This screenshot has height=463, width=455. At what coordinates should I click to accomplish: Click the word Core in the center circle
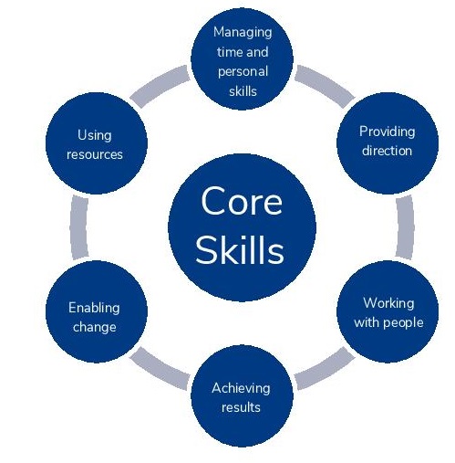coord(242,201)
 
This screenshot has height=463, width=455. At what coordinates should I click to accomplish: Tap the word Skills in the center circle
coord(240,250)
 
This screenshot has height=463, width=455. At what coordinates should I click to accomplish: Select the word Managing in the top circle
coord(243,33)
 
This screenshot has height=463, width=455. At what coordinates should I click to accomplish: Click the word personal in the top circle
coord(243,72)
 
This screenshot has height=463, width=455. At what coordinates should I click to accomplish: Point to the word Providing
coord(387,132)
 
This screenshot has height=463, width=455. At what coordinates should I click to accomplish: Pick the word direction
coord(387,151)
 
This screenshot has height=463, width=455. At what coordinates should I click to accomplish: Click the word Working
coord(388,304)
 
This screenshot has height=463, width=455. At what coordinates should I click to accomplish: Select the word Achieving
coord(241,389)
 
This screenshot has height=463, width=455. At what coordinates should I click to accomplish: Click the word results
coord(241,407)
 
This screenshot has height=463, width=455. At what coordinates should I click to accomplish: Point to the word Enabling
coord(94,309)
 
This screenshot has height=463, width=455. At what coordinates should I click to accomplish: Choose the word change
coord(95,328)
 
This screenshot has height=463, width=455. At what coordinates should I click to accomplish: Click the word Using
coord(95,136)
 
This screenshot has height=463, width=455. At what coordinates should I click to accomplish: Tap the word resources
coord(95,155)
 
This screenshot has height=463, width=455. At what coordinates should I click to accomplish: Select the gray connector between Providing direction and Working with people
coord(406,227)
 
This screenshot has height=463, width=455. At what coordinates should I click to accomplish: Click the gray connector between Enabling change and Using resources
coord(78,227)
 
